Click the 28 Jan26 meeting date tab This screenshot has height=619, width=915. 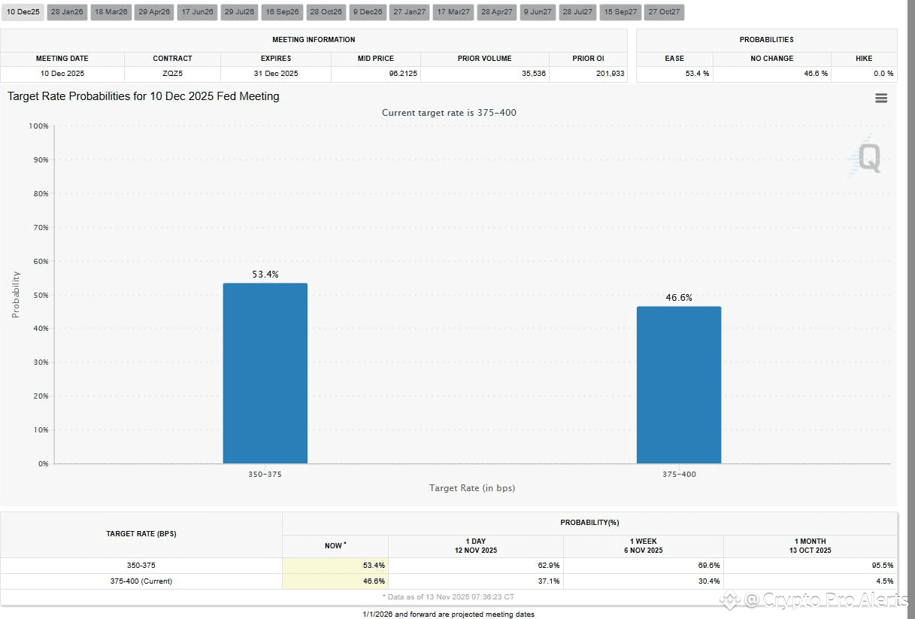click(67, 12)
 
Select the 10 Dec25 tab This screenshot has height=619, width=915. click(23, 12)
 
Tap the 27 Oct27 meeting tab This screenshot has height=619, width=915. click(664, 12)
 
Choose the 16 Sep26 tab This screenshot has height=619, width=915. click(283, 12)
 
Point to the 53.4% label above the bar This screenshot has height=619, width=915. click(265, 275)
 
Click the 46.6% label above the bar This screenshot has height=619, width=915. click(678, 298)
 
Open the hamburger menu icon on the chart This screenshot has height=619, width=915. click(881, 99)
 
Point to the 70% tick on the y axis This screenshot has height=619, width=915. click(39, 227)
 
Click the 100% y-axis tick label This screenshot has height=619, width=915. click(38, 126)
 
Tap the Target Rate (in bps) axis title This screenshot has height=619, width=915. click(471, 488)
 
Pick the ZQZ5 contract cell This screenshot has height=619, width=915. click(172, 74)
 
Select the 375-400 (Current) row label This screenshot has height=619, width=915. click(141, 581)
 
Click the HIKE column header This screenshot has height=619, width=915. click(864, 58)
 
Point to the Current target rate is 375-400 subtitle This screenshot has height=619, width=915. click(449, 113)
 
